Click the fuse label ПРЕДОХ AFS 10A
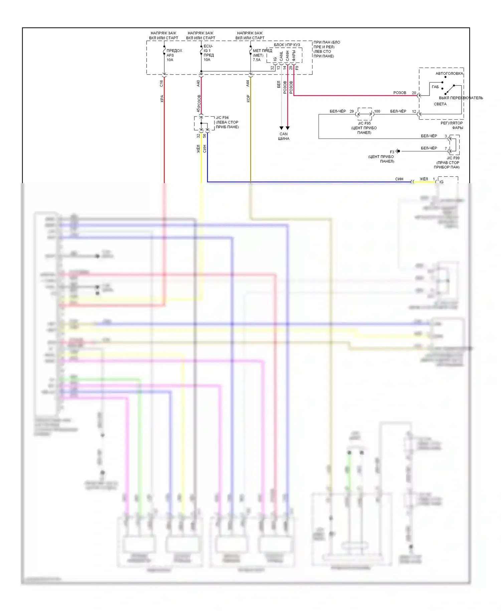point(174,55)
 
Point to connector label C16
point(161,83)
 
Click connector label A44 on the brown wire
point(247,83)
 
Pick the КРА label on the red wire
point(162,99)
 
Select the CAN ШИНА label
point(284,136)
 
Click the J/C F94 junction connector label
point(222,118)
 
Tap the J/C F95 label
point(364,123)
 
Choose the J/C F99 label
point(453,158)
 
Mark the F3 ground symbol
point(398,151)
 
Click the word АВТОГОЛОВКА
point(449,74)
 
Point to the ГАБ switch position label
point(435,87)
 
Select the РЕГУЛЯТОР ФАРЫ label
point(452,125)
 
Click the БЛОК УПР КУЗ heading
point(287,45)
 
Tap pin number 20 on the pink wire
point(414,93)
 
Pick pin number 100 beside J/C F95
point(377,111)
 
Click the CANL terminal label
point(281,56)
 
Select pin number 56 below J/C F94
point(204,136)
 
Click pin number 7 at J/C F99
point(446,148)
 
